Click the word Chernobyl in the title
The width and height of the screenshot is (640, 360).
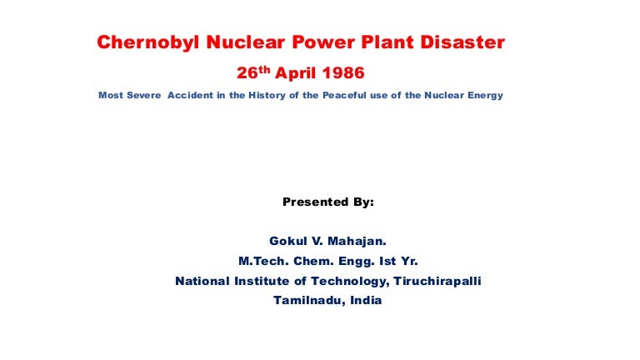tap(148, 42)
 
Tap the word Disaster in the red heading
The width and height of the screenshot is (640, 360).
tap(462, 42)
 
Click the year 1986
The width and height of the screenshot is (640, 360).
tap(342, 73)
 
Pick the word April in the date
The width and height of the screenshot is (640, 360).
tap(296, 73)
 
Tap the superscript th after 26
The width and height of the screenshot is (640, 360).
tap(264, 69)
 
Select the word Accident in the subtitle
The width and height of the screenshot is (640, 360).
tap(190, 95)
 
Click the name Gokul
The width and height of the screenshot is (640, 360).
tap(287, 241)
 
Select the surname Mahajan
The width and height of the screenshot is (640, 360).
tap(357, 241)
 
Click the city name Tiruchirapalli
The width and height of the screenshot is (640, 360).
tap(437, 281)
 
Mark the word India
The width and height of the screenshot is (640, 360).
tap(366, 300)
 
